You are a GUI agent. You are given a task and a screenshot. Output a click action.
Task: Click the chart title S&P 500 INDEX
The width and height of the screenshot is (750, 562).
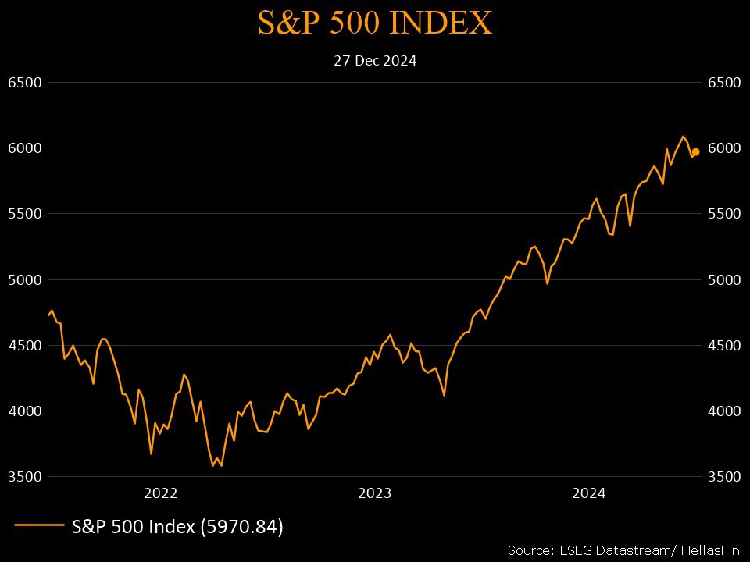pyautogui.click(x=375, y=23)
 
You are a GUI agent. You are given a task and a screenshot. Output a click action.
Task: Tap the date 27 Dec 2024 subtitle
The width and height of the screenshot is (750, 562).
pyautogui.click(x=375, y=60)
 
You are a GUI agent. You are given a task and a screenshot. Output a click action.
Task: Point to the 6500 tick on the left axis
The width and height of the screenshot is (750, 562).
pyautogui.click(x=23, y=83)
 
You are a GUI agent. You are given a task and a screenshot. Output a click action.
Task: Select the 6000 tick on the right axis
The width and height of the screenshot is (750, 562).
pyautogui.click(x=723, y=148)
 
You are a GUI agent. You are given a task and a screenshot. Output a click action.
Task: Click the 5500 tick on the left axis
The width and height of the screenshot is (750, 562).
pyautogui.click(x=23, y=214)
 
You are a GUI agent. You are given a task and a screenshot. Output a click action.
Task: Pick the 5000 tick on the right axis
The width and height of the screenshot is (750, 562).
pyautogui.click(x=723, y=279)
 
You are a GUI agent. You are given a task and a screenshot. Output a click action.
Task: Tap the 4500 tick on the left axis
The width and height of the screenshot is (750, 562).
pyautogui.click(x=23, y=345)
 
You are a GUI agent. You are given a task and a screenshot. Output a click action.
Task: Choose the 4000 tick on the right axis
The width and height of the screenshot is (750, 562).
pyautogui.click(x=723, y=411)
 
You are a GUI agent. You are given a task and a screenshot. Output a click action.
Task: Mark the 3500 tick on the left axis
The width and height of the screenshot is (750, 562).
pyautogui.click(x=23, y=476)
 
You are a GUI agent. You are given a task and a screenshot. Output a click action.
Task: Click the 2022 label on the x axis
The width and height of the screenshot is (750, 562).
pyautogui.click(x=161, y=493)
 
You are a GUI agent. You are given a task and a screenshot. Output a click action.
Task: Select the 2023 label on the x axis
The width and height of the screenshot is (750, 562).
pyautogui.click(x=375, y=493)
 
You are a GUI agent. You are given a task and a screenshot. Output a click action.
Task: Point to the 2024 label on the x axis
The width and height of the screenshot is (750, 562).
pyautogui.click(x=589, y=493)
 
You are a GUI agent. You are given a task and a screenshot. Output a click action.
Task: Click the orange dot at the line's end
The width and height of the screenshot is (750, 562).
pyautogui.click(x=695, y=152)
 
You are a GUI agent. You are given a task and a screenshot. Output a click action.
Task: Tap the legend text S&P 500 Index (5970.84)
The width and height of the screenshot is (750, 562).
pyautogui.click(x=177, y=527)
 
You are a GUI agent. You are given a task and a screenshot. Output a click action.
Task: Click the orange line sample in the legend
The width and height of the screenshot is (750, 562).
pyautogui.click(x=38, y=526)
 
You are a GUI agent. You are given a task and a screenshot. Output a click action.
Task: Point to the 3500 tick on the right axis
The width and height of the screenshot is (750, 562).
pyautogui.click(x=723, y=476)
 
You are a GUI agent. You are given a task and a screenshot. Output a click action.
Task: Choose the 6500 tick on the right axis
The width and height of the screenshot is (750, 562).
pyautogui.click(x=723, y=83)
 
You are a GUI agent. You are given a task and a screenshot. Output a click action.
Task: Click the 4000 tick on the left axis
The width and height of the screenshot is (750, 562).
pyautogui.click(x=23, y=411)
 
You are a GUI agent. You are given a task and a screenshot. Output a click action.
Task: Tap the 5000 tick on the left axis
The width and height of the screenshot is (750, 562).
pyautogui.click(x=23, y=279)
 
